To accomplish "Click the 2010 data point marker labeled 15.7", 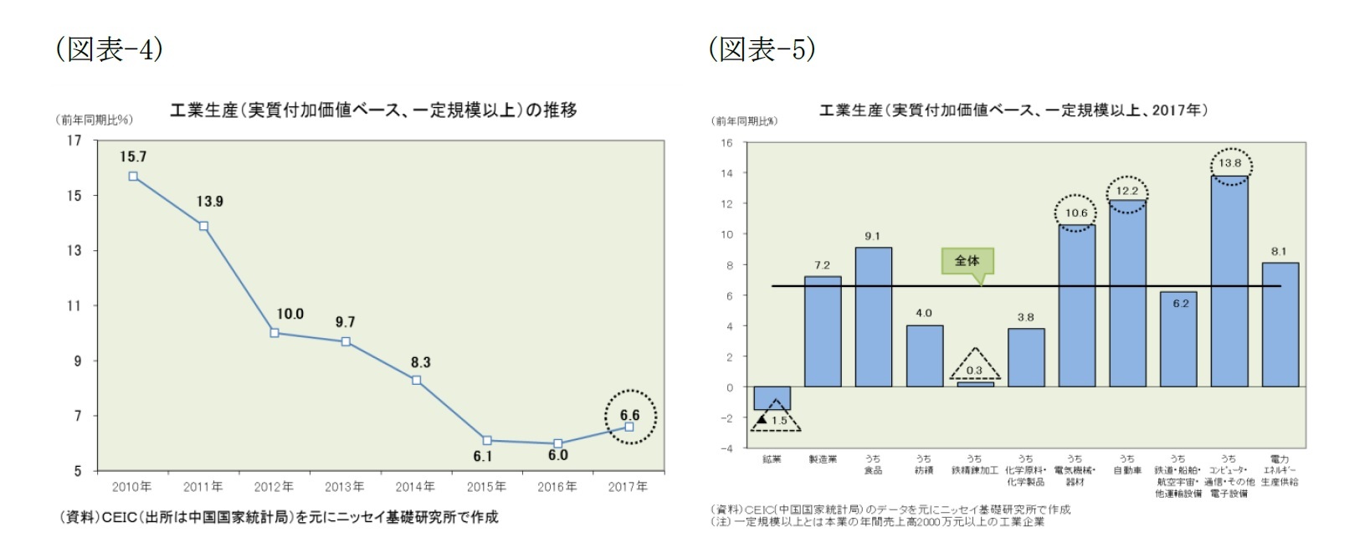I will tap(133, 177).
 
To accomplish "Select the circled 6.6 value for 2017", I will tap(630, 416).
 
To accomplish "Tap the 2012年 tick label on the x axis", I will tap(274, 487).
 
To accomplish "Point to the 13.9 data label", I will tap(210, 202).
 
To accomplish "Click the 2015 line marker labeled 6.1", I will tap(487, 440).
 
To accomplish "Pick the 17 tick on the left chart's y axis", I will tap(75, 141).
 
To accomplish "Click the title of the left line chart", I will tap(373, 110).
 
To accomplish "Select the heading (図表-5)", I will tap(762, 49).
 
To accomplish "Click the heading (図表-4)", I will tap(109, 49).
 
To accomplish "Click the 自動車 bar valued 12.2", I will tap(1127, 293).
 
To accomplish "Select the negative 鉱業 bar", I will tap(772, 398).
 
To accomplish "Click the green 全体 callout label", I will tap(967, 261).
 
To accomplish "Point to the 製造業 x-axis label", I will tap(823, 459).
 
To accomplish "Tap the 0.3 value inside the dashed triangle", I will tap(974, 371).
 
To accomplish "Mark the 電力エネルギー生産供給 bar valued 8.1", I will tap(1280, 325).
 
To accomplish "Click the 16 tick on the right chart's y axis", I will tap(726, 143).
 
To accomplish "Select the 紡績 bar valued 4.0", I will tap(924, 356).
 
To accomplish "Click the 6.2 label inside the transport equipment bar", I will tap(1180, 304).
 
